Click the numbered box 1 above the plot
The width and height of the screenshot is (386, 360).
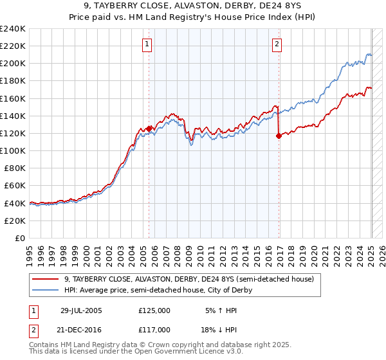[x=147, y=44]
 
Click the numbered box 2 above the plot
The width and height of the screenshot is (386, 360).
[x=276, y=44]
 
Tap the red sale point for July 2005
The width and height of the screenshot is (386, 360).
[x=149, y=129]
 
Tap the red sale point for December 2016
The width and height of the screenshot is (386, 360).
[x=279, y=136]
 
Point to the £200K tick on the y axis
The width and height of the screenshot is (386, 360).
[x=13, y=64]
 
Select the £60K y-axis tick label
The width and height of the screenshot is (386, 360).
[x=15, y=186]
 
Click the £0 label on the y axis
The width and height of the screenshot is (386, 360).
[x=21, y=238]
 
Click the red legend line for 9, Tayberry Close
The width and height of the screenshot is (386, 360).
[x=46, y=279]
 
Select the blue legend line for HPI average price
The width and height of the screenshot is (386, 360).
[x=46, y=290]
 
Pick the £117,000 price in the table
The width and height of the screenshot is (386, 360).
[x=154, y=329]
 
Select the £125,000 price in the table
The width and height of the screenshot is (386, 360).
[x=154, y=310]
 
